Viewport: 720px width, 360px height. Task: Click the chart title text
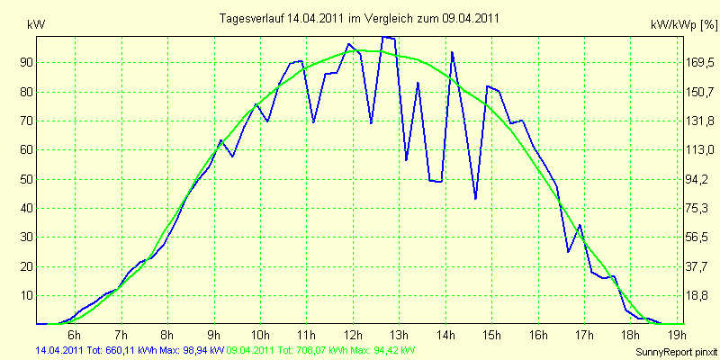click(x=359, y=18)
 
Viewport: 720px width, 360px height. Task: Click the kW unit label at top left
click(x=36, y=25)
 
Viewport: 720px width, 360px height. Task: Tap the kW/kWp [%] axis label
click(x=684, y=25)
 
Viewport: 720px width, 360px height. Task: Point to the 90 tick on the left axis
click(x=24, y=63)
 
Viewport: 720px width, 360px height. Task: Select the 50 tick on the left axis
click(x=24, y=179)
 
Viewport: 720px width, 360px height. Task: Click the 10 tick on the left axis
click(x=24, y=296)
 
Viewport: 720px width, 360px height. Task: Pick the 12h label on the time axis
click(x=353, y=333)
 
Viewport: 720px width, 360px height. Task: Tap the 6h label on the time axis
click(x=75, y=333)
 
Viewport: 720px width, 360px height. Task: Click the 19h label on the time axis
click(x=678, y=333)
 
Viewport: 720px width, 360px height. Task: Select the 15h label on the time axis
click(x=491, y=333)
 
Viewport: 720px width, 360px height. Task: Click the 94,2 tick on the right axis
click(x=700, y=179)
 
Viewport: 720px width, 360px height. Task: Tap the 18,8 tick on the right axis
click(x=700, y=296)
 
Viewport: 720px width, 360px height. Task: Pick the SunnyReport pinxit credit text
click(x=676, y=352)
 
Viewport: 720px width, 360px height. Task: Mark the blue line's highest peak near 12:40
click(x=385, y=37)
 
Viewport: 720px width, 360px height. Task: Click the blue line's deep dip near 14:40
click(x=475, y=198)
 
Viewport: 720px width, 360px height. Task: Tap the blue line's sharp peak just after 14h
click(x=453, y=52)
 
